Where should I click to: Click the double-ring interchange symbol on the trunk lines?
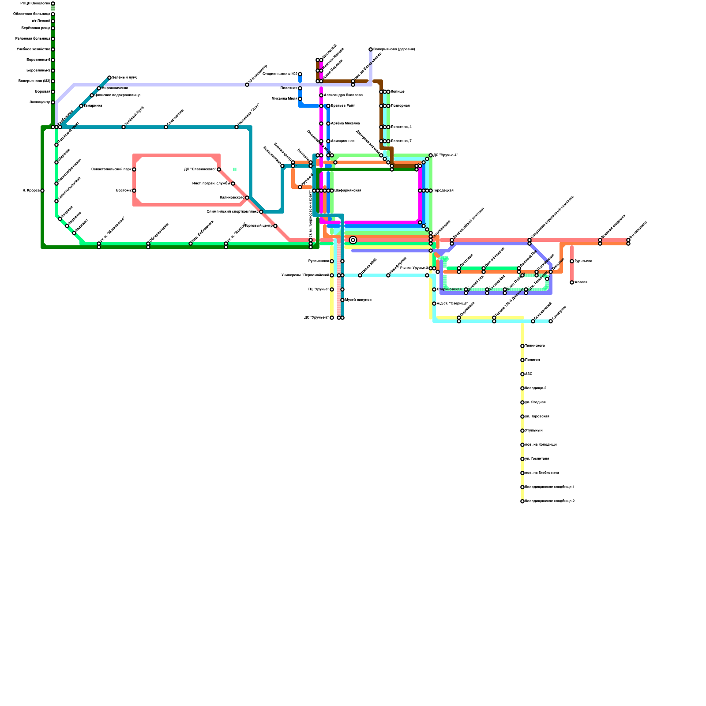[x=353, y=240]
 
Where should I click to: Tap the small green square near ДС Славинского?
[x=235, y=169]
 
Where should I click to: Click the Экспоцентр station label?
[x=40, y=102]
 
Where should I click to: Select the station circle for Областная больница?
[x=53, y=14]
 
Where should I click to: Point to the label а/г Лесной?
[x=41, y=21]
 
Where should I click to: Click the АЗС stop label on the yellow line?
[x=529, y=374]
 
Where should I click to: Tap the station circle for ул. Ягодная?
[x=522, y=402]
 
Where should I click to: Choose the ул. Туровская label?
[x=537, y=417]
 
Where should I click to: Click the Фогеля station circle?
[x=572, y=282]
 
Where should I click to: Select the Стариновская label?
[x=449, y=289]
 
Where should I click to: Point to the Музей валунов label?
[x=358, y=300]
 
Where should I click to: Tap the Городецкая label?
[x=443, y=191]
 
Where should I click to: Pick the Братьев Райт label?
[x=342, y=106]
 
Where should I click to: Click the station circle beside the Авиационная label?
[x=328, y=141]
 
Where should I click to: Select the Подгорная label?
[x=400, y=106]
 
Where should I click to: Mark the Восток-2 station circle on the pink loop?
[x=134, y=191]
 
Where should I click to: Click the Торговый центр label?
[x=259, y=226]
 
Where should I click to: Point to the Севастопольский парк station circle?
[x=134, y=169]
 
